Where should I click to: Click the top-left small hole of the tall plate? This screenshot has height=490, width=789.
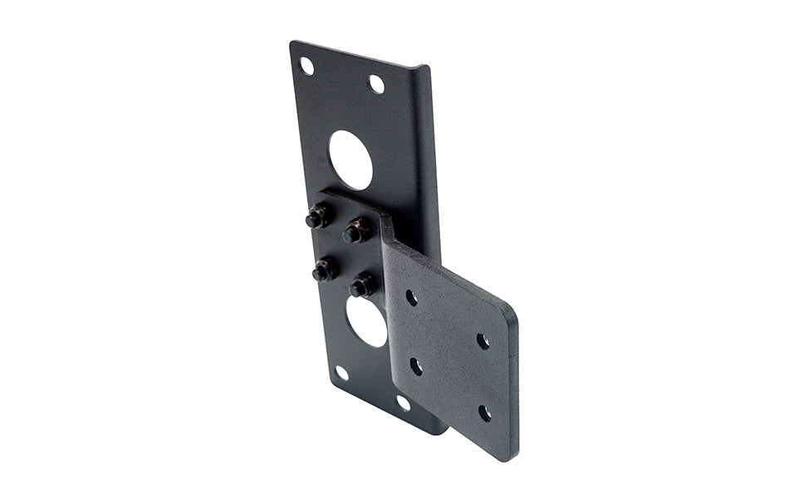pyautogui.click(x=306, y=66)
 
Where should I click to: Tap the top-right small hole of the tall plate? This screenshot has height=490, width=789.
pyautogui.click(x=376, y=84)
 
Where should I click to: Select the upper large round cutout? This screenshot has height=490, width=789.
pyautogui.click(x=350, y=159)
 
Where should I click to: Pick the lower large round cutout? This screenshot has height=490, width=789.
pyautogui.click(x=367, y=321)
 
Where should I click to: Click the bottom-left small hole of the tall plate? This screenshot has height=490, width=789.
pyautogui.click(x=341, y=373)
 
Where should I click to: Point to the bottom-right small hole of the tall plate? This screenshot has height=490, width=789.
pyautogui.click(x=404, y=403)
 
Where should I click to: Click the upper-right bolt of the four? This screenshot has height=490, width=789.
pyautogui.click(x=355, y=232)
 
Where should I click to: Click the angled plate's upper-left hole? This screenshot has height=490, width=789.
pyautogui.click(x=411, y=296)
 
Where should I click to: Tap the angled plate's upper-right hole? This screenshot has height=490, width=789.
pyautogui.click(x=483, y=341)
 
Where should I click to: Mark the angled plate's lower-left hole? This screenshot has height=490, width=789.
pyautogui.click(x=416, y=365)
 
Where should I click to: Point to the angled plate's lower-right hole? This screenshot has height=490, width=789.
pyautogui.click(x=484, y=412)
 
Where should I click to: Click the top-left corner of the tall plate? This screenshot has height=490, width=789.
pyautogui.click(x=292, y=43)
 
